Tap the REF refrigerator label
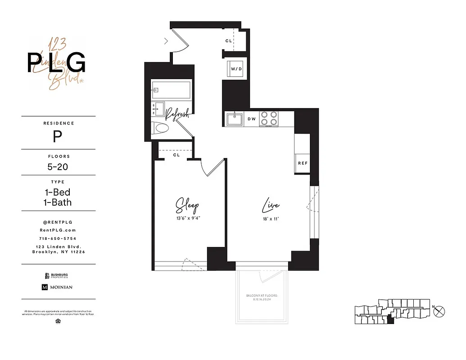(x=302, y=163)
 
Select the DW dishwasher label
(x=251, y=119)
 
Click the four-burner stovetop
(x=269, y=118)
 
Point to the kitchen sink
(x=234, y=119)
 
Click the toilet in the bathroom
(x=160, y=128)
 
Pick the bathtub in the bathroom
(x=171, y=90)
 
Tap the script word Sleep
(x=187, y=206)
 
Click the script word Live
(x=271, y=206)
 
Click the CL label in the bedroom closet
(x=176, y=155)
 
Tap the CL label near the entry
(x=229, y=41)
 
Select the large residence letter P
(x=57, y=136)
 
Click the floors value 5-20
(x=59, y=166)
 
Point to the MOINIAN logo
(x=57, y=287)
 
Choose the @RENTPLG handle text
(x=59, y=222)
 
